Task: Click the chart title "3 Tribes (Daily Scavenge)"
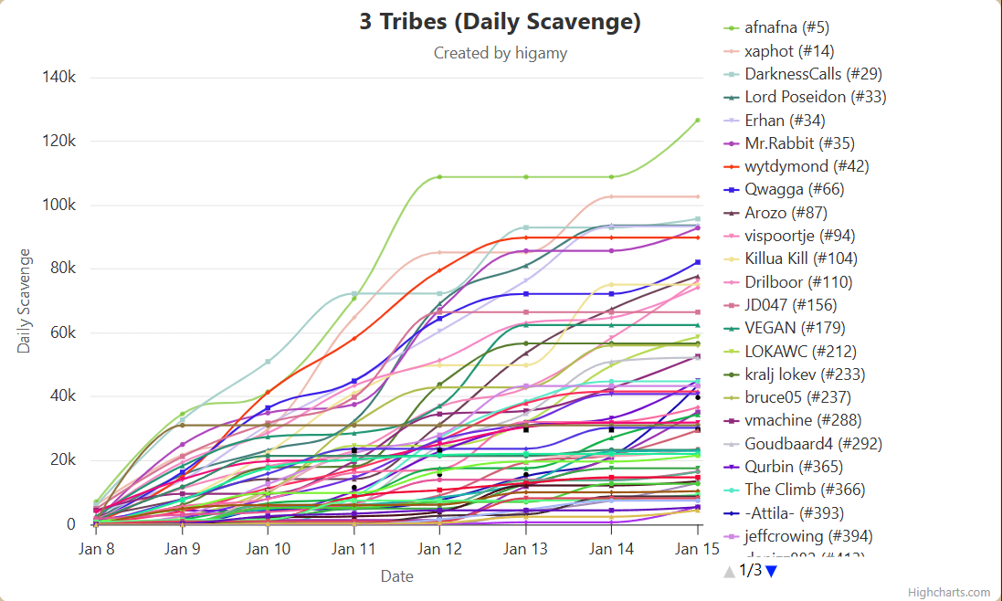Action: tap(500, 22)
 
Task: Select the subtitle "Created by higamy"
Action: tap(500, 53)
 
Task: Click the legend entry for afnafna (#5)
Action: tap(786, 27)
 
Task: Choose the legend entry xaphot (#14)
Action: tap(788, 51)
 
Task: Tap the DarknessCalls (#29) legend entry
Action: tap(813, 74)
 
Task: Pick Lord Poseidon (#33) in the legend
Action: tap(815, 97)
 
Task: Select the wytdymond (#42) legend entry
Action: tap(807, 166)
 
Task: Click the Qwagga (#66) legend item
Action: tap(794, 189)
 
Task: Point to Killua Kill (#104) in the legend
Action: tap(801, 258)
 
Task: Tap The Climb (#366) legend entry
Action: tap(805, 490)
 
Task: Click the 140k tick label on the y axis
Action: tap(58, 77)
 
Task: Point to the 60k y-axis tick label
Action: tap(61, 332)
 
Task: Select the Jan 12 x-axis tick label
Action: tap(439, 549)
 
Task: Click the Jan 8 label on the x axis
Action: tap(96, 549)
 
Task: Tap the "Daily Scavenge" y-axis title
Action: tap(25, 300)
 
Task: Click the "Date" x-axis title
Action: tap(396, 576)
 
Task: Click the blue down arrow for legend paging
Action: tap(772, 571)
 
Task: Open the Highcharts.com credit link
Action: tap(954, 592)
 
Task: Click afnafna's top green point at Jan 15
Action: tap(697, 120)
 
